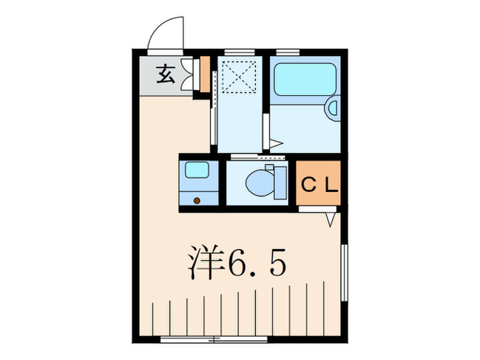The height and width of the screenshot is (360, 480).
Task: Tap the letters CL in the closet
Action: pyautogui.click(x=319, y=184)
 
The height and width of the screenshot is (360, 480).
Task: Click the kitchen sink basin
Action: pyautogui.click(x=197, y=169)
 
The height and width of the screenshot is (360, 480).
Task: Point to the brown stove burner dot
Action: pyautogui.click(x=197, y=200)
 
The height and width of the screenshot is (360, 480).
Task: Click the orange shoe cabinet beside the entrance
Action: pyautogui.click(x=204, y=75)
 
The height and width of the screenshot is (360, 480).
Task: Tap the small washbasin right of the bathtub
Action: pyautogui.click(x=333, y=107)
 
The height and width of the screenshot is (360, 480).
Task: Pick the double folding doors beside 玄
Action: pyautogui.click(x=187, y=73)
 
